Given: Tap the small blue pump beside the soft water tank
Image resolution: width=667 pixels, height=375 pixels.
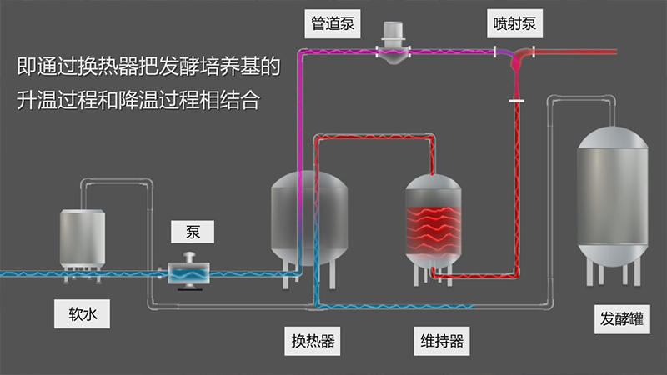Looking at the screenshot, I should [191, 271].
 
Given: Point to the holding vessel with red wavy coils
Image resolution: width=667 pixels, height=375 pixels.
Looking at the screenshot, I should [434, 221].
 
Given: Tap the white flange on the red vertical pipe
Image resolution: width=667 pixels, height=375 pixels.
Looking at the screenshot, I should [517, 101].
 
